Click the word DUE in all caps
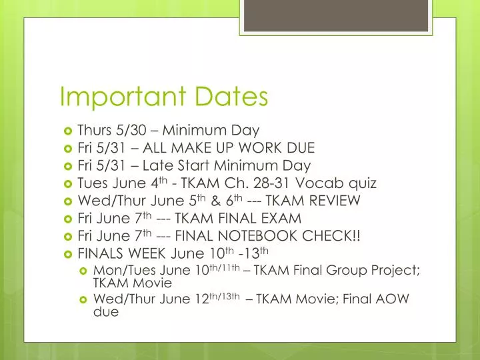point(298,147)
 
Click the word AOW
point(389,300)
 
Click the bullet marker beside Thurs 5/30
point(67,130)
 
